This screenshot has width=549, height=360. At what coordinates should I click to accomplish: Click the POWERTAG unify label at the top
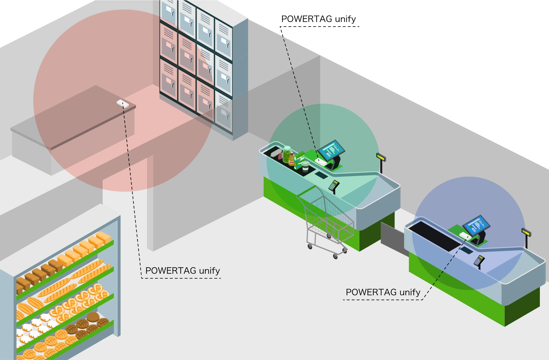coord(318,19)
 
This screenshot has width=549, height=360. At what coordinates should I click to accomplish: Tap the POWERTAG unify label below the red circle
coord(182,270)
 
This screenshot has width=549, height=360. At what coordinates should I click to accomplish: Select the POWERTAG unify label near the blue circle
coord(383,292)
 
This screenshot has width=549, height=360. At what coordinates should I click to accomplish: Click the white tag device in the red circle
coord(123,103)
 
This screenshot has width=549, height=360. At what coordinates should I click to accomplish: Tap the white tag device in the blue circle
coord(465,236)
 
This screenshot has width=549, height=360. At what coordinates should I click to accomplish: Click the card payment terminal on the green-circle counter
coord(334,185)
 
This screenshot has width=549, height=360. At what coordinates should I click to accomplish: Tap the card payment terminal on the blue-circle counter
coord(479,260)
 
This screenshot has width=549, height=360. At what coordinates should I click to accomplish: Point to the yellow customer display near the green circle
coord(381,157)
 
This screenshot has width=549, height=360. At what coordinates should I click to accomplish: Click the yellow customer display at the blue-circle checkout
coord(526,232)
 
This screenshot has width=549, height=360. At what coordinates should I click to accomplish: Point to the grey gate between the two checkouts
coord(392,238)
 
